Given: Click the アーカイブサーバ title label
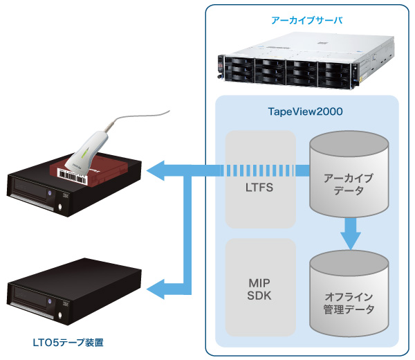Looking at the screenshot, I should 307,21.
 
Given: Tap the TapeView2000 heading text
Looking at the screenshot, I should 306,111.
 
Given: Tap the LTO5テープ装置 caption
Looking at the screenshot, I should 71,341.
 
